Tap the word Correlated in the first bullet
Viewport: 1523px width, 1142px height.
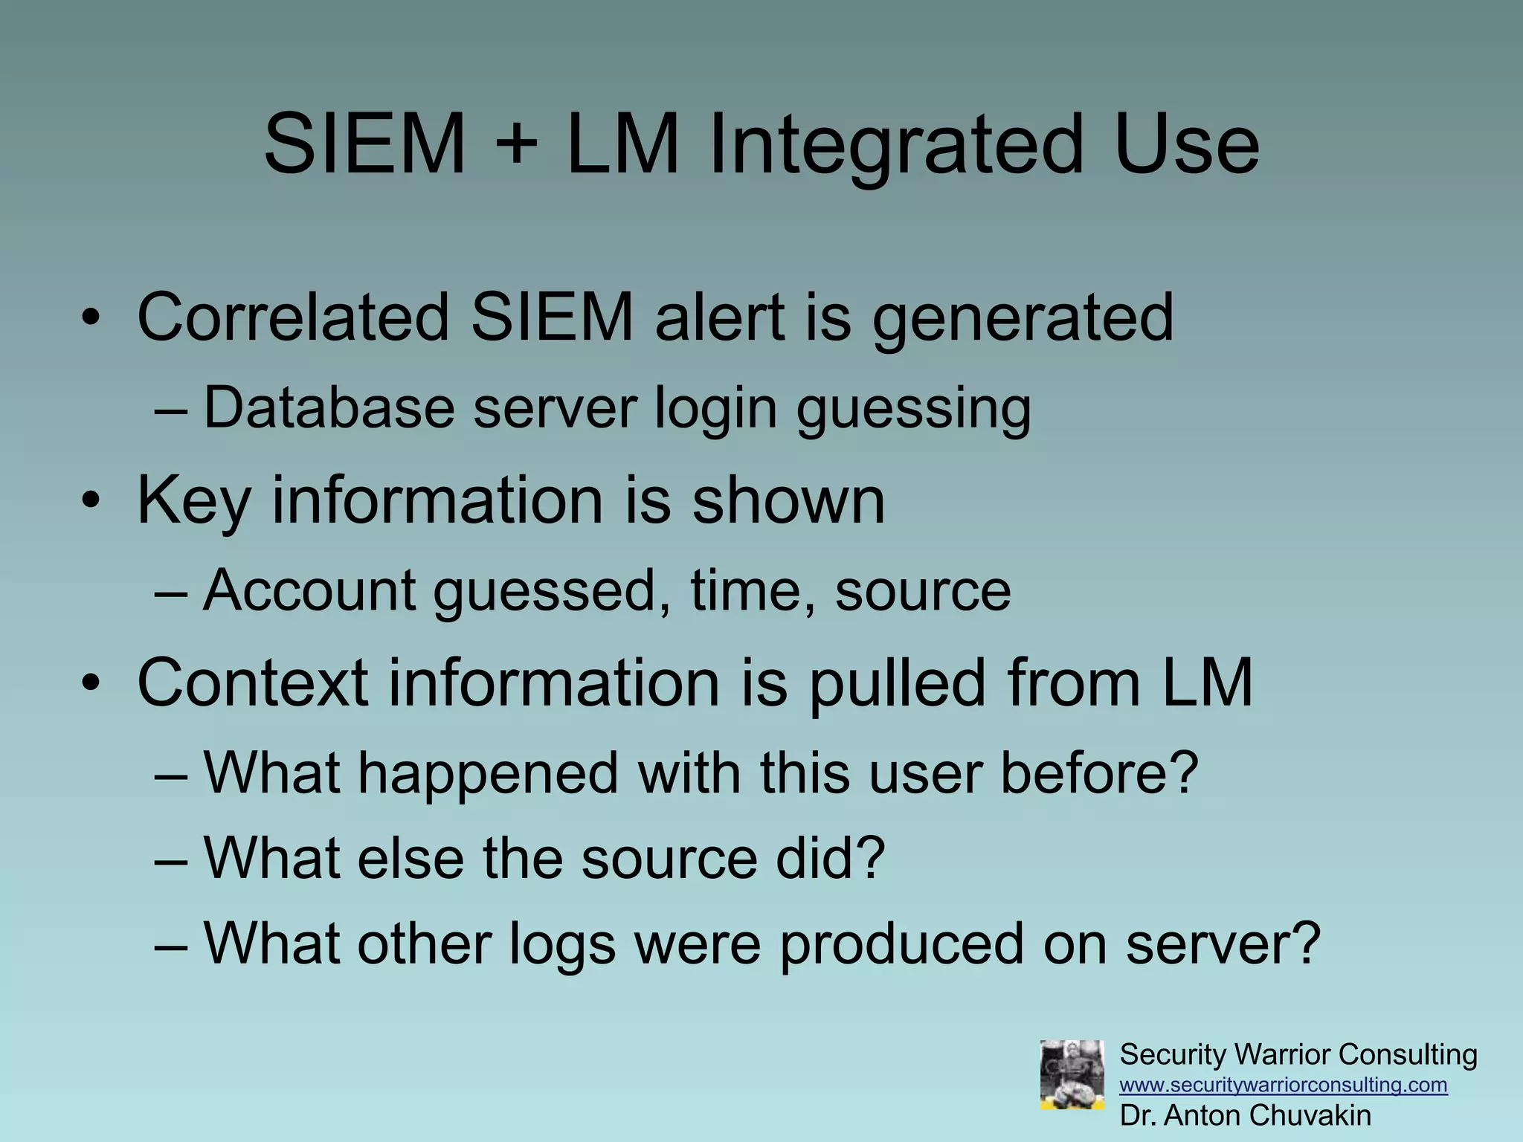pos(293,318)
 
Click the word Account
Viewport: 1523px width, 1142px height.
pos(309,591)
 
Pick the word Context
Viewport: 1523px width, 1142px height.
pos(253,683)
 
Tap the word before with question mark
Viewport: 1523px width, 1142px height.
pos(1098,773)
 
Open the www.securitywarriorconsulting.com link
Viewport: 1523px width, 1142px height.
pos(1283,1085)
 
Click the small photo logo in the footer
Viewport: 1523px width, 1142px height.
pos(1072,1074)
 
